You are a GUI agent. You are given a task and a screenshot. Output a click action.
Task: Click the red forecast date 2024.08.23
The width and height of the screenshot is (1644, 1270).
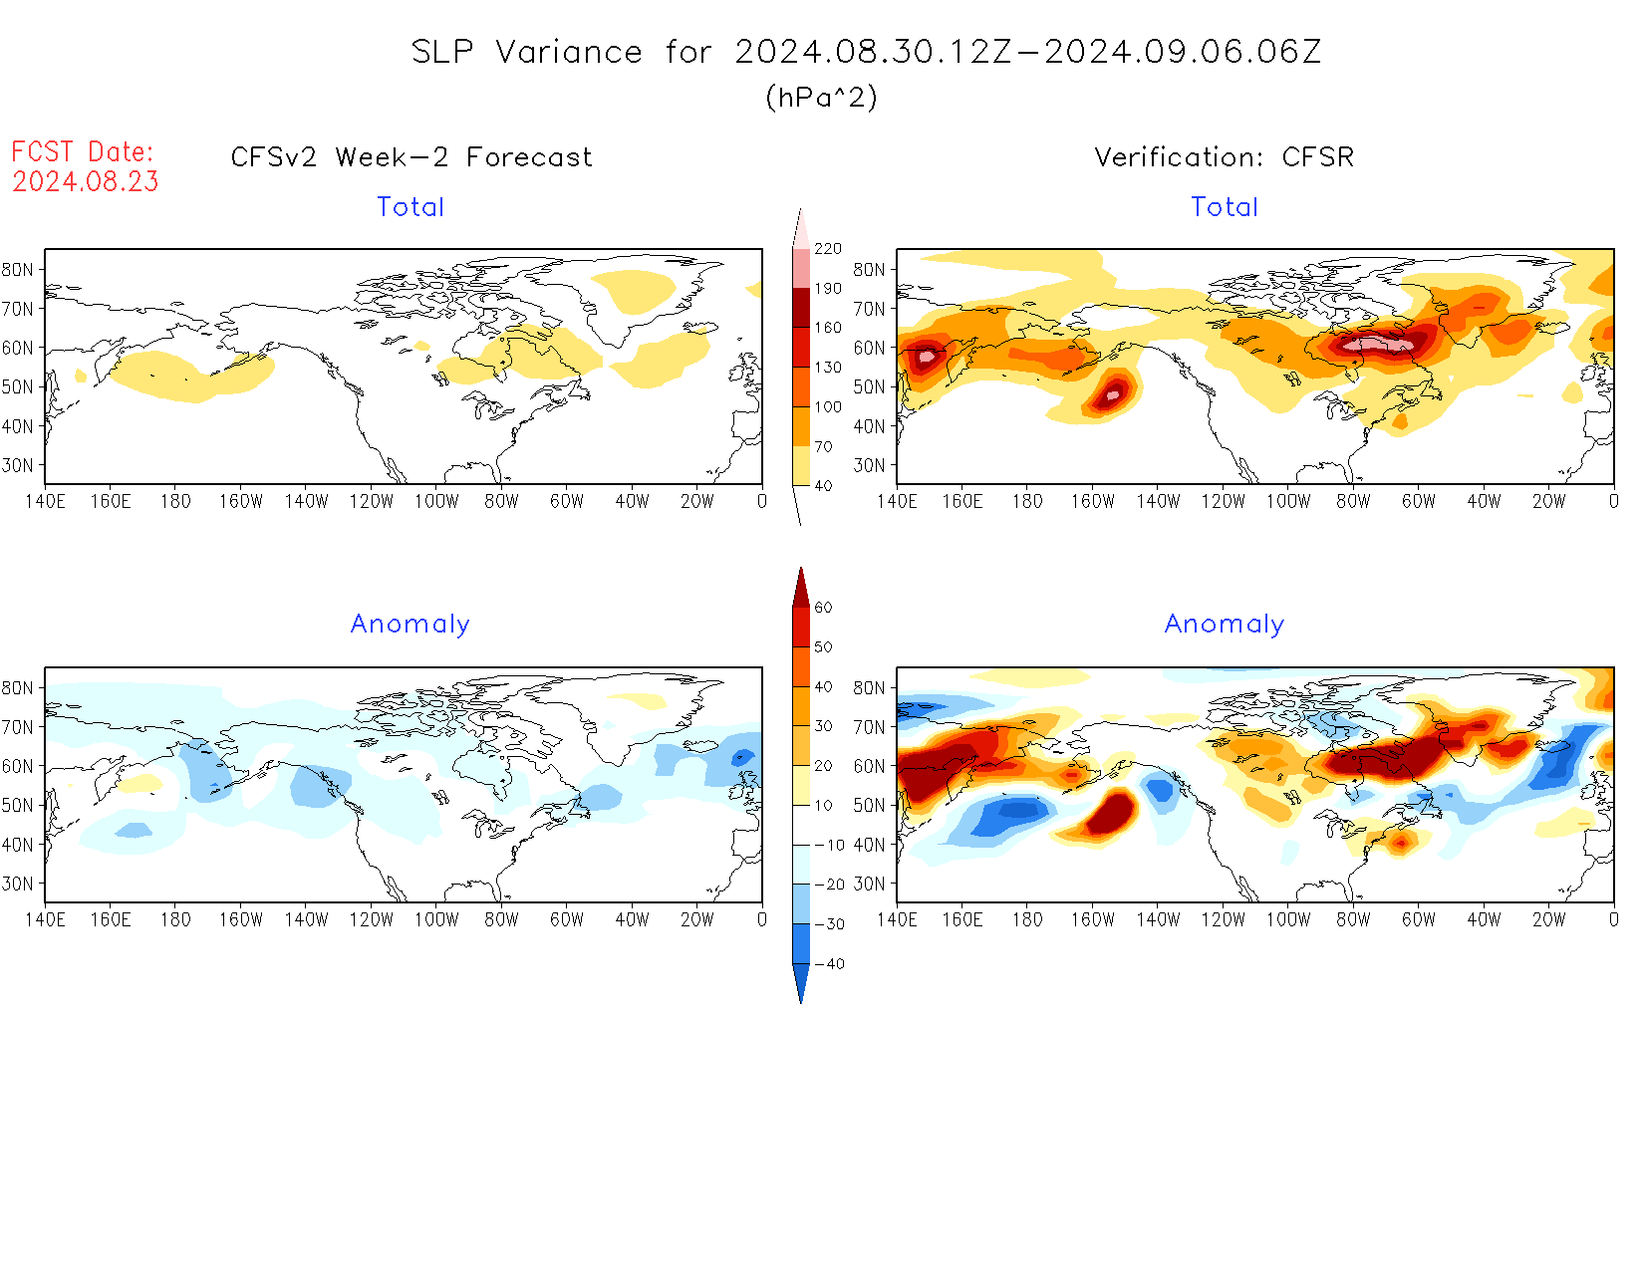pyautogui.click(x=86, y=182)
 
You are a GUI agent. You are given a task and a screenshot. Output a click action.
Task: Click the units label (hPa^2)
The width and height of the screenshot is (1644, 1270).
pyautogui.click(x=821, y=98)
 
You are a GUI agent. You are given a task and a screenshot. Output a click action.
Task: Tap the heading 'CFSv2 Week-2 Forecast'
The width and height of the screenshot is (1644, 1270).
pyautogui.click(x=411, y=157)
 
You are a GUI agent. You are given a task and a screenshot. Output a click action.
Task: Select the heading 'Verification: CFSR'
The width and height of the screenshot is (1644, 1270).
pyautogui.click(x=1224, y=157)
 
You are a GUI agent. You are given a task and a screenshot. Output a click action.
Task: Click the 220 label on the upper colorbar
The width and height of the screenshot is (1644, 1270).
pyautogui.click(x=827, y=249)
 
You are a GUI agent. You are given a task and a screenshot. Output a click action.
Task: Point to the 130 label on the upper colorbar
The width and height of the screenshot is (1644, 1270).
pyautogui.click(x=827, y=368)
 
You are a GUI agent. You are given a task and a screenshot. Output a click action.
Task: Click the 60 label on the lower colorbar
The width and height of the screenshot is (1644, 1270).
pyautogui.click(x=823, y=608)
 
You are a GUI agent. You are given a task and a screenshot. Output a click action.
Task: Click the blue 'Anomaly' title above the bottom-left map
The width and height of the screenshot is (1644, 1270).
pyautogui.click(x=410, y=625)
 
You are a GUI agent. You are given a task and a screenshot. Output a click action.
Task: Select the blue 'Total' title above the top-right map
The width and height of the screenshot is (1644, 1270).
pyautogui.click(x=1225, y=207)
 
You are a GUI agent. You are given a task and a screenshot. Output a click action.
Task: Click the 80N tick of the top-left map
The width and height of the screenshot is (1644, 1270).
pyautogui.click(x=18, y=270)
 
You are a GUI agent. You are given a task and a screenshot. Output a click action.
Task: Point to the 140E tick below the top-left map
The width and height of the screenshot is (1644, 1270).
pyautogui.click(x=45, y=502)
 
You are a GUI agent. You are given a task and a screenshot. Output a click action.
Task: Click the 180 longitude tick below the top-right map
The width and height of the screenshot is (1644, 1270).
pyautogui.click(x=1027, y=502)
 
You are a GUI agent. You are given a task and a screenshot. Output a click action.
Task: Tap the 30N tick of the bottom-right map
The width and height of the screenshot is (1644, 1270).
pyautogui.click(x=869, y=884)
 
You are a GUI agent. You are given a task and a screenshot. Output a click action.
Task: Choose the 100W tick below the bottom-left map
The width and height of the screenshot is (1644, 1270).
pyautogui.click(x=436, y=920)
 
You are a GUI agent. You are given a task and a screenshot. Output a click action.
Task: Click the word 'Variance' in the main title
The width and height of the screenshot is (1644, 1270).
pyautogui.click(x=569, y=52)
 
